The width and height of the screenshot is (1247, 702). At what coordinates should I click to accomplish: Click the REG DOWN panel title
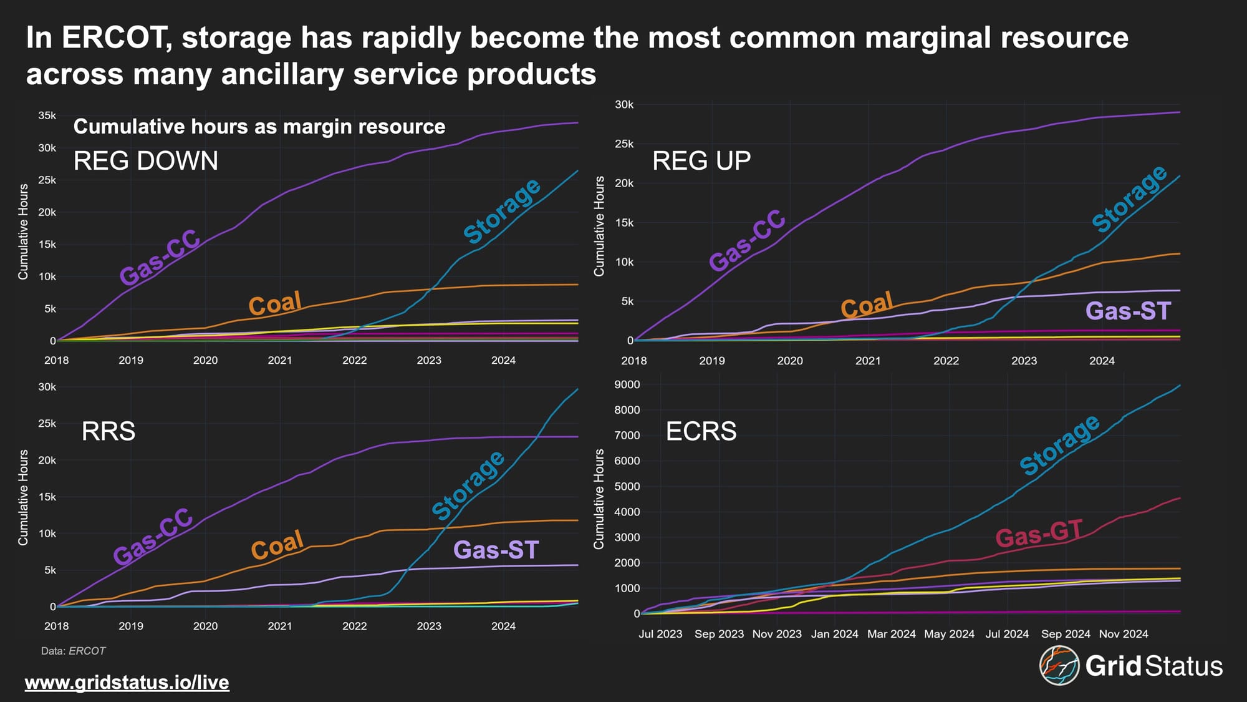(x=146, y=161)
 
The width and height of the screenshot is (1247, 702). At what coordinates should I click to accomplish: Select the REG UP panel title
(x=701, y=161)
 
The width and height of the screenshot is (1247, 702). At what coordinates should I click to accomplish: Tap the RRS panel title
(x=108, y=431)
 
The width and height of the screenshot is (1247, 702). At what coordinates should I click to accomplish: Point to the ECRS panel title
(x=701, y=431)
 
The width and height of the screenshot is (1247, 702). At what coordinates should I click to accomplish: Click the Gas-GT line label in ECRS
(x=1039, y=534)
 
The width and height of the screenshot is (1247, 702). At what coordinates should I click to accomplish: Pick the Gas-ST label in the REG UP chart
(x=1129, y=311)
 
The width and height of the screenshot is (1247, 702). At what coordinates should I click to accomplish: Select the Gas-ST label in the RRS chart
(x=496, y=550)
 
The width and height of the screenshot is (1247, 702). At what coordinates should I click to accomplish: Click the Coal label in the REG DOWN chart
(x=275, y=304)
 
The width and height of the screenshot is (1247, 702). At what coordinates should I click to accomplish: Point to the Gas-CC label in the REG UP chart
(x=747, y=240)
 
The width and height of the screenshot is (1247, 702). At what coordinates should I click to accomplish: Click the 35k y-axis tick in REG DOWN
(x=47, y=116)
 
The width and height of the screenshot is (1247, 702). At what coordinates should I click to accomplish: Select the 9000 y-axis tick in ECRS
(x=627, y=385)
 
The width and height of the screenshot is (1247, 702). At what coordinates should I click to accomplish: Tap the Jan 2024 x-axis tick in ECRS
(x=834, y=634)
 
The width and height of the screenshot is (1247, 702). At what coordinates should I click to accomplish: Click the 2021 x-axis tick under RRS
(x=280, y=626)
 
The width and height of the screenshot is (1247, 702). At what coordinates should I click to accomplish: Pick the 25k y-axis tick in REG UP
(x=624, y=144)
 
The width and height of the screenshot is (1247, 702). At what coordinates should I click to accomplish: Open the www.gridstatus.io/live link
(x=127, y=682)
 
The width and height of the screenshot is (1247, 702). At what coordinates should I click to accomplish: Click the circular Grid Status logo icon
(x=1059, y=665)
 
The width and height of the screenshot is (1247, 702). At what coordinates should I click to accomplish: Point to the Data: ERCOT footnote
(x=74, y=651)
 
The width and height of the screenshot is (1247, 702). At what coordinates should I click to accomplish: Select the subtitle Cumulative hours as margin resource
(x=259, y=127)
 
